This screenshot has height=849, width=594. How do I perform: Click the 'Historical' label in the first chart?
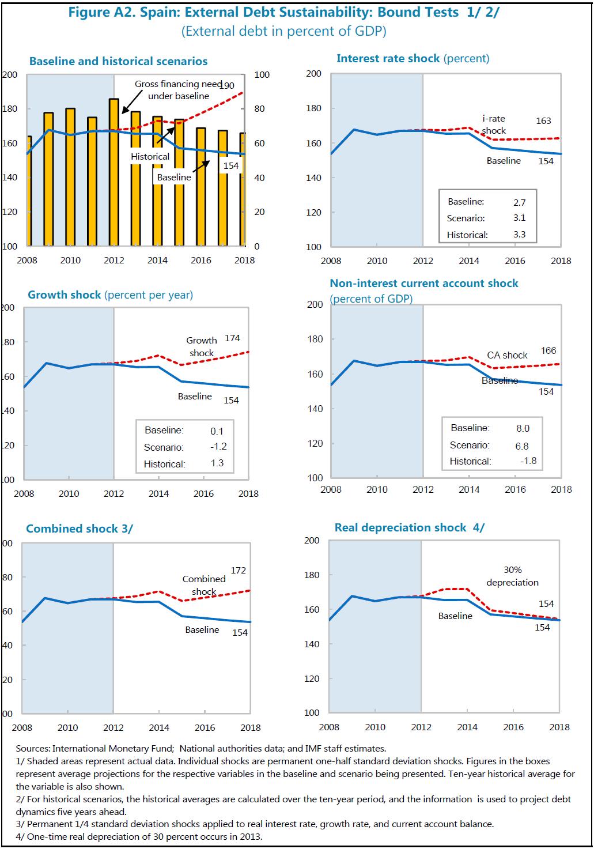[x=150, y=156]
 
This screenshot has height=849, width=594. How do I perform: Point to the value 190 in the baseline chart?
[x=227, y=85]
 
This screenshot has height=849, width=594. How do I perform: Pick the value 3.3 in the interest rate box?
[x=519, y=235]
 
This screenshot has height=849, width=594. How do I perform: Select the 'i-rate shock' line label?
[x=494, y=124]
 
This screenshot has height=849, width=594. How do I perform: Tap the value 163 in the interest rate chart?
[x=543, y=121]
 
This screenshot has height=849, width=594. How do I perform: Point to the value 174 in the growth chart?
[x=232, y=338]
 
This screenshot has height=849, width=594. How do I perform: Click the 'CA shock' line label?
[x=507, y=355]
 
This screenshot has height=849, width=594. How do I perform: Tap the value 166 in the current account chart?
[x=548, y=350]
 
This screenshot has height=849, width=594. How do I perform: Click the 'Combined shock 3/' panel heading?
[x=80, y=529]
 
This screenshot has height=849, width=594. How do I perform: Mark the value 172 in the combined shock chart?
[x=239, y=571]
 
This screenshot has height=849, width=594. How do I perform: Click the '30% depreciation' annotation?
[x=512, y=576]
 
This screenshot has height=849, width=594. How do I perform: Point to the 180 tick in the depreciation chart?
[x=312, y=575]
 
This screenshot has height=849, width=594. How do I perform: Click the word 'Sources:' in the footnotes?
[x=33, y=749]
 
